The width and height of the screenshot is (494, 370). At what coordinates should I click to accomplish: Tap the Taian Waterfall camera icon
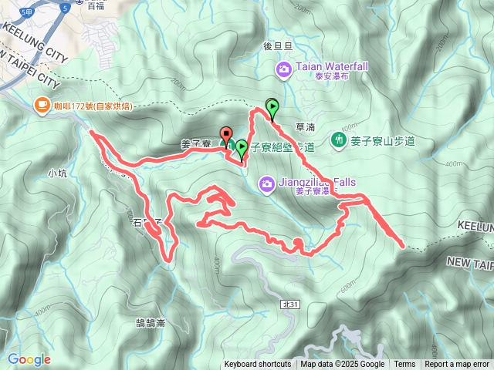coord(284,71)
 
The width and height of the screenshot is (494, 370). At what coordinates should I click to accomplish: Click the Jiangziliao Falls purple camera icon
coord(267,183)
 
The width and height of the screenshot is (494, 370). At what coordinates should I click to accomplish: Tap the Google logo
coord(29,359)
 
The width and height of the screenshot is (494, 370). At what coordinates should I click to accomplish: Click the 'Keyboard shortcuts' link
coord(258,365)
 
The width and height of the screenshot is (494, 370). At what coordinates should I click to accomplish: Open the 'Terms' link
coord(404,365)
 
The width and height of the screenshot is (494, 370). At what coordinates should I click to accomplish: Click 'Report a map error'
coord(457,365)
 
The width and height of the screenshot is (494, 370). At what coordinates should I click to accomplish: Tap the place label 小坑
coord(58,173)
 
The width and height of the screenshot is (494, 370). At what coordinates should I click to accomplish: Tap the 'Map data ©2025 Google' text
coord(343,365)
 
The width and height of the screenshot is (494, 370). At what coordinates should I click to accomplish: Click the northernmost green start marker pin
coord(272,106)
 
